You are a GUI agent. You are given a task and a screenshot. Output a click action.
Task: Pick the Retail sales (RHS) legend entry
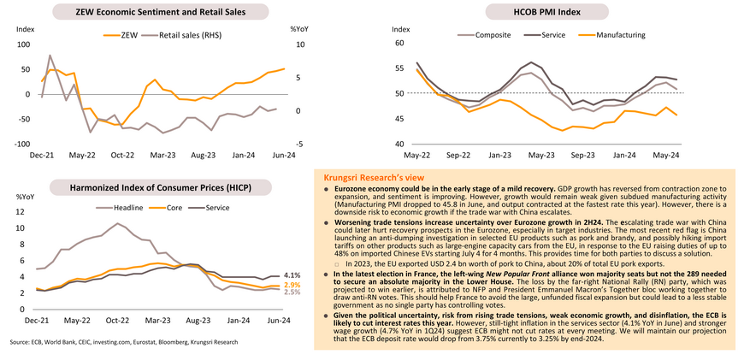(x=192, y=35)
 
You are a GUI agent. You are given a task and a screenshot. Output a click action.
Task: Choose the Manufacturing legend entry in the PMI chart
(x=614, y=35)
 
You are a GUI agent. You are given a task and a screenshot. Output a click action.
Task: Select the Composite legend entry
(x=484, y=35)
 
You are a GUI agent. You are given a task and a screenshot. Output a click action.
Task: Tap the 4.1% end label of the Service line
(x=292, y=274)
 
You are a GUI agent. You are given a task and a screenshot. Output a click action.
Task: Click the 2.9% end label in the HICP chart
(x=292, y=285)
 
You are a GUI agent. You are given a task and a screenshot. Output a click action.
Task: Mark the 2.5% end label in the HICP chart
(x=292, y=292)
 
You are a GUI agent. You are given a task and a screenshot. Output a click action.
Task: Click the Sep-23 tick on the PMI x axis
(x=582, y=156)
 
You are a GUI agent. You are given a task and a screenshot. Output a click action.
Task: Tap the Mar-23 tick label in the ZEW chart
(x=162, y=156)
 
